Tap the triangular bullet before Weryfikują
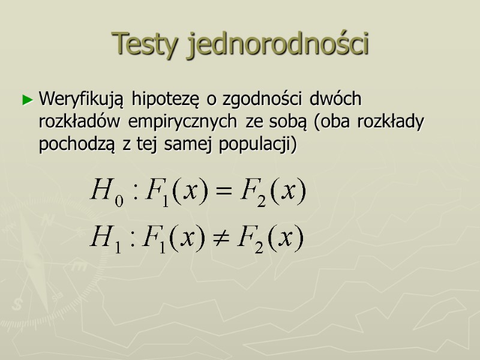[x=26, y=100]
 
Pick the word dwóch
[x=339, y=98]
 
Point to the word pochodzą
[x=79, y=146]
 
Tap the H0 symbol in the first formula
[x=107, y=192]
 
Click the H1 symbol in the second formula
[x=107, y=239]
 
